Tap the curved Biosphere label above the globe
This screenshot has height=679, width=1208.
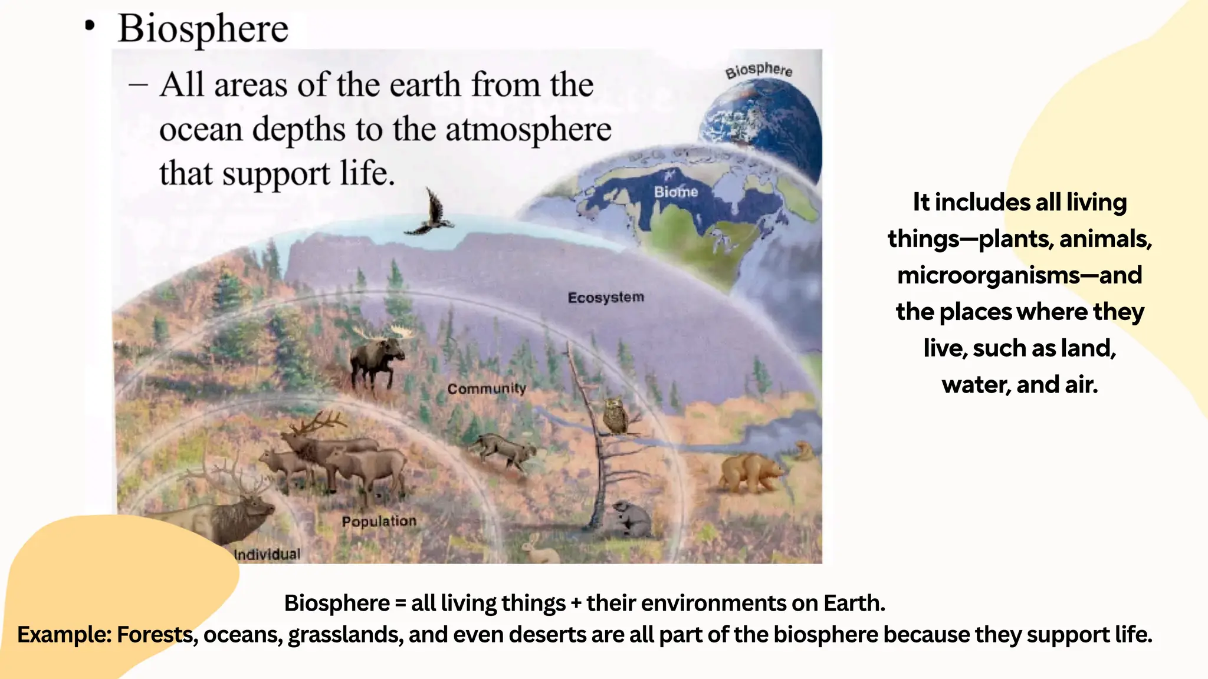point(759,70)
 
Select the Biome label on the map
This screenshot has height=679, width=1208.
point(676,192)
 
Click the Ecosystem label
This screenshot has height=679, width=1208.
point(606,297)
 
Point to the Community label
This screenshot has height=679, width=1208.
point(486,389)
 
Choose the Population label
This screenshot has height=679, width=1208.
point(379,522)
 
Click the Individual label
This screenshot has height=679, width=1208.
point(267,555)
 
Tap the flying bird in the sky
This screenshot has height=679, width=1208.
point(432,213)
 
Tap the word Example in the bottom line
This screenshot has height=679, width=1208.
point(63,635)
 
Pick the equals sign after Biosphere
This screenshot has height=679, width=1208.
point(401,604)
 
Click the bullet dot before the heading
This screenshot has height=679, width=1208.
point(90,26)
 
